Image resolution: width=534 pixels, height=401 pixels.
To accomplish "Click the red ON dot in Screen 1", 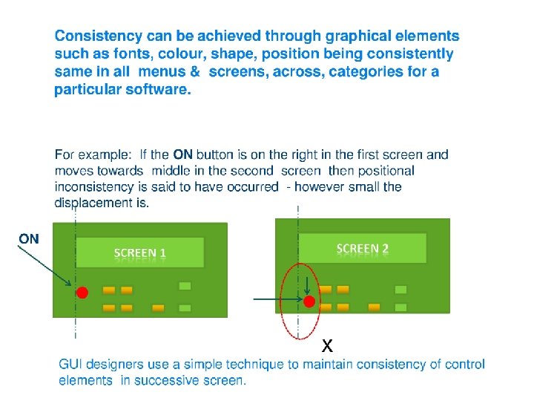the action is [82, 293].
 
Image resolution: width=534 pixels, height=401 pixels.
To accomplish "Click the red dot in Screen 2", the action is [309, 301].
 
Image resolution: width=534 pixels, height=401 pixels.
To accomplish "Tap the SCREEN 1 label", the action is [139, 253].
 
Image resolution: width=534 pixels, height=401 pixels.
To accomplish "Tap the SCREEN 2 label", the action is [363, 248].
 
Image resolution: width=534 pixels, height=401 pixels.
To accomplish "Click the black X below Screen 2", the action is [327, 346].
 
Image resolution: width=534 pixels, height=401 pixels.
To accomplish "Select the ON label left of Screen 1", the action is [29, 238].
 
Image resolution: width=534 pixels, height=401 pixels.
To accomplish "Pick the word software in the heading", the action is [159, 90].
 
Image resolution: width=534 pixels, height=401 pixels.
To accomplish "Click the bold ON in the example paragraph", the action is [182, 155].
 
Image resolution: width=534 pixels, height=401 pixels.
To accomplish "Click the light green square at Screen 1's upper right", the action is [185, 286].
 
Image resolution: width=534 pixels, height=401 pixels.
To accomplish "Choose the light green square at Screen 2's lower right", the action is [400, 307].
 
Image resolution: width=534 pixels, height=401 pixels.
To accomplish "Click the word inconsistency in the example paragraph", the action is [94, 186].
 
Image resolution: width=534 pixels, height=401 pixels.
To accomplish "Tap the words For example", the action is [93, 155].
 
